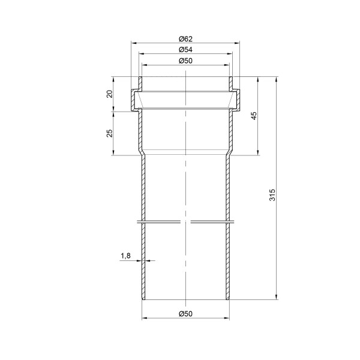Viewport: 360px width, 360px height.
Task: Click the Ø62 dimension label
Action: [x=185, y=39]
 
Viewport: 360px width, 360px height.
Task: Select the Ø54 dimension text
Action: [x=185, y=50]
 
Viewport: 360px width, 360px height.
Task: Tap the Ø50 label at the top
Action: [x=185, y=61]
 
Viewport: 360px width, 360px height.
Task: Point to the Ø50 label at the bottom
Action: [x=185, y=314]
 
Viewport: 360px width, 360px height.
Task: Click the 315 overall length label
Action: [x=272, y=194]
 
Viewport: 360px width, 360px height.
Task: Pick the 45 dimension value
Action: [x=254, y=116]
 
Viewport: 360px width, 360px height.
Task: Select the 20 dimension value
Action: [x=110, y=94]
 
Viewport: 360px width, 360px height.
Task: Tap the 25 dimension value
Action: [x=110, y=133]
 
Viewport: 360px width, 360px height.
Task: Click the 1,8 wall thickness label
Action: [x=125, y=256]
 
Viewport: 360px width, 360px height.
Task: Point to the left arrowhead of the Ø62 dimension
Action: [x=134, y=43]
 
